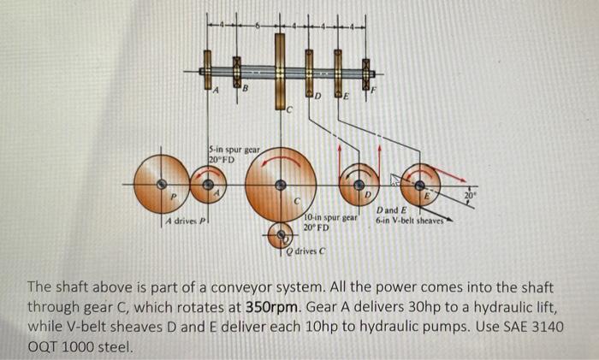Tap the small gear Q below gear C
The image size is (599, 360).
(280, 233)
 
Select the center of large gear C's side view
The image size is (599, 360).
(279, 184)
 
